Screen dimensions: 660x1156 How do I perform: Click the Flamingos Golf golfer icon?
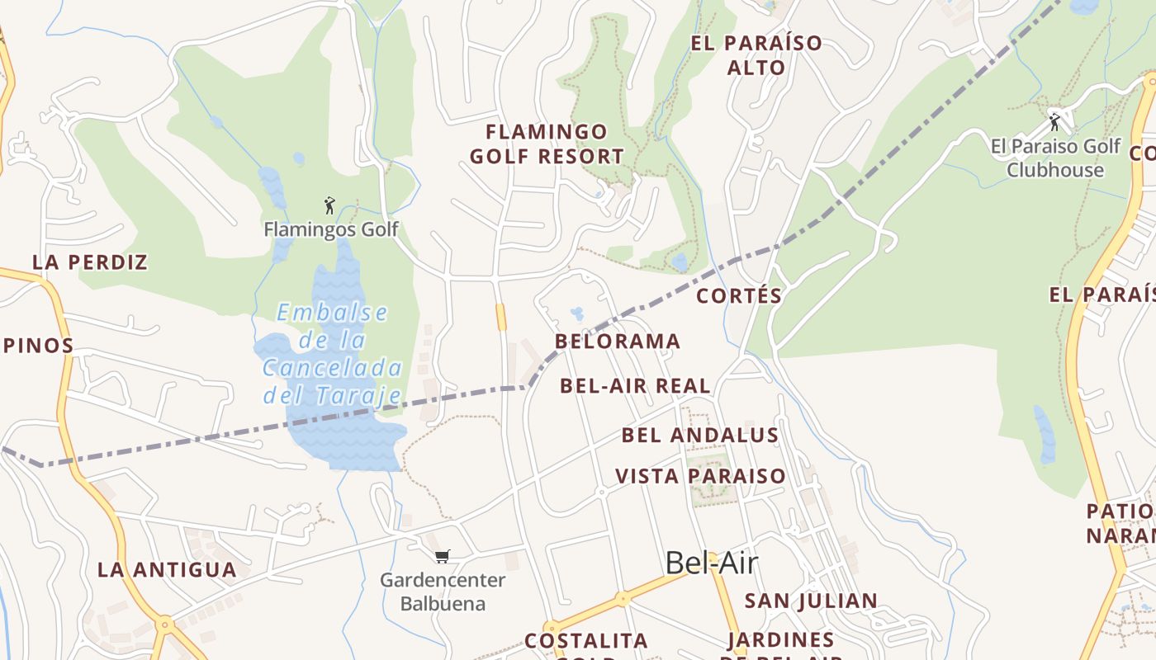[x=329, y=205]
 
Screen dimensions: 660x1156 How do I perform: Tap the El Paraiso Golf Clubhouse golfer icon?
[x=1054, y=122]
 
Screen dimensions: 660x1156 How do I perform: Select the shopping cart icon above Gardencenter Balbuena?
[x=443, y=556]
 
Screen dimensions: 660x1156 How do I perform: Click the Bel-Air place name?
[x=711, y=563]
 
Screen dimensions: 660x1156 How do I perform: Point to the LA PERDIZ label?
[x=90, y=262]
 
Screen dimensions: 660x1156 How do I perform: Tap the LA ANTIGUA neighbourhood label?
[x=167, y=569]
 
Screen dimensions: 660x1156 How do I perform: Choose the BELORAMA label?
[x=618, y=341]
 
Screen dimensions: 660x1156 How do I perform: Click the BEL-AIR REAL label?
[x=635, y=385]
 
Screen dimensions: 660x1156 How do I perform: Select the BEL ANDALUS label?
[x=700, y=435]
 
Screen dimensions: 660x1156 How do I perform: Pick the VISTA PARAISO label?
[x=700, y=476]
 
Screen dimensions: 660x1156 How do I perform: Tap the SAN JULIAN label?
[x=811, y=601]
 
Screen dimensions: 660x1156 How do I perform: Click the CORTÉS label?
[x=739, y=295]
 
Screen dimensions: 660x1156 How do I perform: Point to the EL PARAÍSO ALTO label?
[x=756, y=54]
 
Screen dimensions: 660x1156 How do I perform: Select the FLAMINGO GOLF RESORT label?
[x=547, y=144]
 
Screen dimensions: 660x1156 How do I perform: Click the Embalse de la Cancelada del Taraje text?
[x=332, y=353]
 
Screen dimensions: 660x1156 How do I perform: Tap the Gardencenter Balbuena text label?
[x=443, y=592]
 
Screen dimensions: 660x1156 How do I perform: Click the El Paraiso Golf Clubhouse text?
[x=1055, y=158]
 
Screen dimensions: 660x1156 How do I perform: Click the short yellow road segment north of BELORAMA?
[x=500, y=317]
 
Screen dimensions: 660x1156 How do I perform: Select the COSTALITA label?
[x=586, y=641]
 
